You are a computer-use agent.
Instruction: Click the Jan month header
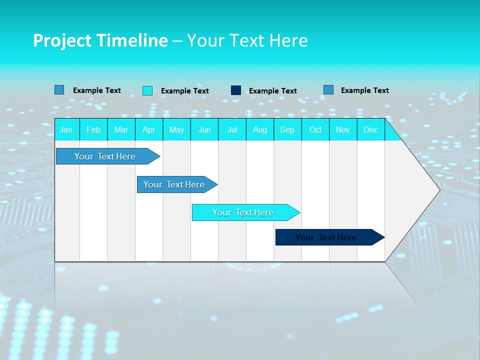click(x=66, y=129)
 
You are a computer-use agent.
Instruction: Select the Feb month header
click(x=93, y=129)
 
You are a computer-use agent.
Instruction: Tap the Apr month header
click(x=148, y=129)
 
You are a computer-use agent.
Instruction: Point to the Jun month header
click(x=204, y=129)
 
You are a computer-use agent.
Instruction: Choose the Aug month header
click(x=260, y=129)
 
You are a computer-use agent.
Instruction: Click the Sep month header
click(x=287, y=129)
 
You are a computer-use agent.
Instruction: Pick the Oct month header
click(x=315, y=129)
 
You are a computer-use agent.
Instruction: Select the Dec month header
click(x=371, y=129)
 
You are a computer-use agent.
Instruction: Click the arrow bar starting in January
click(x=105, y=156)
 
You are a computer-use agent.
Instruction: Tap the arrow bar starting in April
click(x=174, y=184)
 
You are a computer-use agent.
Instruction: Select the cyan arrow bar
click(x=243, y=212)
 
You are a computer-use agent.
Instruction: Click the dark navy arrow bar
click(x=326, y=237)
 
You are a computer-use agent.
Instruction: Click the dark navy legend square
click(x=236, y=90)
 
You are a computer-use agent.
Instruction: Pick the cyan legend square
click(x=147, y=90)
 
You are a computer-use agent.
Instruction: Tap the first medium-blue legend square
click(x=59, y=90)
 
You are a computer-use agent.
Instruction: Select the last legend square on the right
click(x=328, y=90)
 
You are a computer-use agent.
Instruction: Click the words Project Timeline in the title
click(x=100, y=40)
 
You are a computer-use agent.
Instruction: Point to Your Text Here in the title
click(x=247, y=40)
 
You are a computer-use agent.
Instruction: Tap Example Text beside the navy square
click(x=273, y=91)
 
